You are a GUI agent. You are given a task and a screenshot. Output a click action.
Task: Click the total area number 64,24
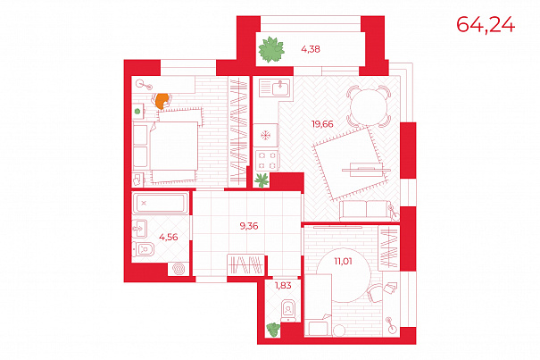pyautogui.click(x=486, y=25)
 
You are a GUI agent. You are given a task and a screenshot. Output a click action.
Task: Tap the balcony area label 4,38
pyautogui.click(x=311, y=49)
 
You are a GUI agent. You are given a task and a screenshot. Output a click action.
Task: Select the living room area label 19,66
pyautogui.click(x=322, y=124)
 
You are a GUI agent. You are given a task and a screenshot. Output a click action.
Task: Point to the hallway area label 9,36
pyautogui.click(x=249, y=226)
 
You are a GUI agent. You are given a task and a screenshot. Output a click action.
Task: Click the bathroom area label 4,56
pyautogui.click(x=169, y=237)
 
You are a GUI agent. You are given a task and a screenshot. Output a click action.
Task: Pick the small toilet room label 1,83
pyautogui.click(x=283, y=286)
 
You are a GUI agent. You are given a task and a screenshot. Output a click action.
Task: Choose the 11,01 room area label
pyautogui.click(x=343, y=261)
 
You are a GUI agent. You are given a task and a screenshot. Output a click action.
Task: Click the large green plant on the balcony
pyautogui.click(x=271, y=50)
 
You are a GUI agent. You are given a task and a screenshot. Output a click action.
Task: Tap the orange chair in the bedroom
pyautogui.click(x=162, y=101)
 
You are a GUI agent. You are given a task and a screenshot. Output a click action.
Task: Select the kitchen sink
pyautogui.click(x=275, y=88)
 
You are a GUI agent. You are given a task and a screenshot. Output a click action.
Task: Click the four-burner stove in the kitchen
pyautogui.click(x=267, y=161)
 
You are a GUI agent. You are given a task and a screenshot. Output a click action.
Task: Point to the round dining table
pyautogui.click(x=369, y=107)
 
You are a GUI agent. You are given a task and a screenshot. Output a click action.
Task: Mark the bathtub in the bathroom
pyautogui.click(x=160, y=203)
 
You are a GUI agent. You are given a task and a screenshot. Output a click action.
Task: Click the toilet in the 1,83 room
pyautogui.click(x=288, y=311)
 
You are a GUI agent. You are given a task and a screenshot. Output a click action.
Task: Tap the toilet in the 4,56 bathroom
pyautogui.click(x=144, y=249)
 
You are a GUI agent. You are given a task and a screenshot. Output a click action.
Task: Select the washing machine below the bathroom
pyautogui.click(x=179, y=269)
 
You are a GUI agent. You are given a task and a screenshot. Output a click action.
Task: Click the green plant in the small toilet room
pyautogui.click(x=273, y=330)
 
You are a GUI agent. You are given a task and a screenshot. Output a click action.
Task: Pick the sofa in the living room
pyautogui.click(x=367, y=210)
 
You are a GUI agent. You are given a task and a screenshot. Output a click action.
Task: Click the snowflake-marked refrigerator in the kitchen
pyautogui.click(x=265, y=135)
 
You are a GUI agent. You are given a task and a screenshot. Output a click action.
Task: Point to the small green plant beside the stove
pyautogui.click(x=262, y=180)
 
